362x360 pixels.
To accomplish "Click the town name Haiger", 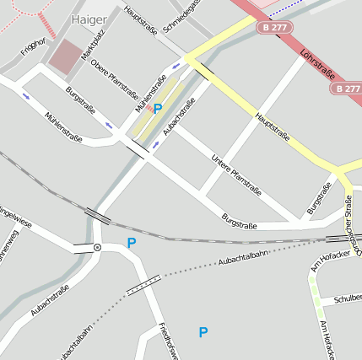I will [89, 19].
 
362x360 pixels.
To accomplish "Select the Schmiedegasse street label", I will [181, 15].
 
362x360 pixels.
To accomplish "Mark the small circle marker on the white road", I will [98, 247].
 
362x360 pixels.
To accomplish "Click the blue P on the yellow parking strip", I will [158, 108].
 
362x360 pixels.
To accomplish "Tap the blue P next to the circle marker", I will [131, 243].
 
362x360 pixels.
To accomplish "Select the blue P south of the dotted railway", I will [203, 332].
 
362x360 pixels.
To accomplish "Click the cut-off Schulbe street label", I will [347, 298].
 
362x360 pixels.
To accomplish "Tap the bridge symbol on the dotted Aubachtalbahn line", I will [143, 285].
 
